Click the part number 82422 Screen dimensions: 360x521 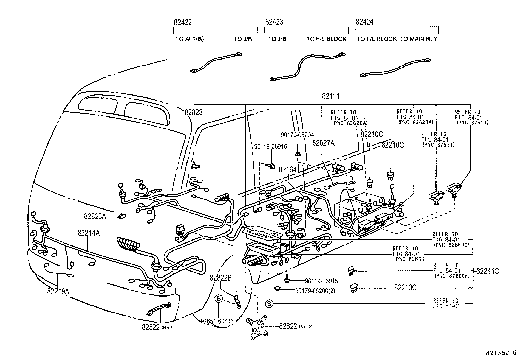click(x=183, y=22)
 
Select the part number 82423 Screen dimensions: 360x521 click(x=274, y=22)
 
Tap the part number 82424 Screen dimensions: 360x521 click(x=364, y=22)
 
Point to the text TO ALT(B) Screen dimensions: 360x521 click(x=189, y=39)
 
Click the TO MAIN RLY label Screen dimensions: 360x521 click(x=419, y=39)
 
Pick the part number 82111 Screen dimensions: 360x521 click(x=331, y=97)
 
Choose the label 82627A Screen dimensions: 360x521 click(x=324, y=143)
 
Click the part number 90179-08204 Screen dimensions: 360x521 click(x=297, y=135)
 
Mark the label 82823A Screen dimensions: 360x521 click(x=95, y=216)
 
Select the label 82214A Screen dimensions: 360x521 click(x=89, y=233)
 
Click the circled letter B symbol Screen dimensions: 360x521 click(x=218, y=299)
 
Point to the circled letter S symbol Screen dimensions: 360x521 click(x=269, y=304)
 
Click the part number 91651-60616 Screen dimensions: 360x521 click(x=217, y=321)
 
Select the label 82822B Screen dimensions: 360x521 click(x=221, y=278)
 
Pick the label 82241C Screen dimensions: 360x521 click(x=488, y=271)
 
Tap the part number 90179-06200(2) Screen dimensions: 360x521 click(x=315, y=291)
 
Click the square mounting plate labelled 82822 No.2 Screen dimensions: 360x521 click(x=258, y=326)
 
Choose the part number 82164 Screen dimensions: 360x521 click(x=287, y=170)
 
